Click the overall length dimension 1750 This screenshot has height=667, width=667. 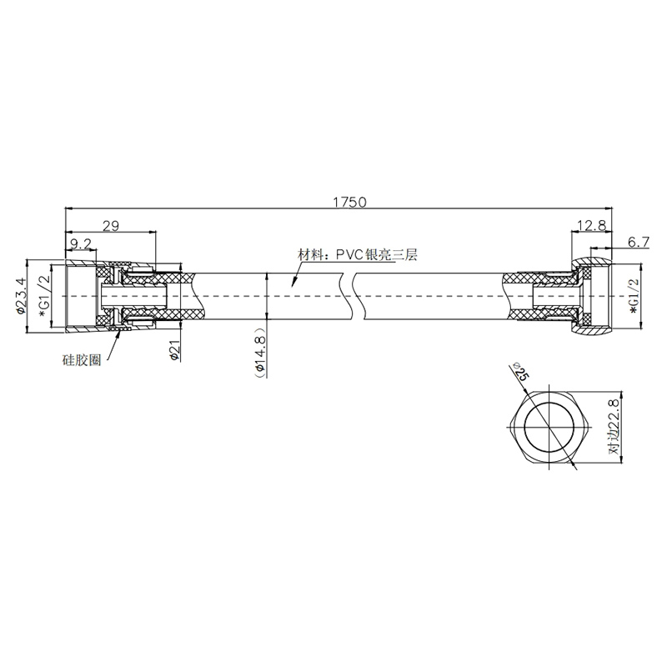tap(349, 202)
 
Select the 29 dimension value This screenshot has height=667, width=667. tap(111, 225)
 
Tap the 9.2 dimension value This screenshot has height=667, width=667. tap(81, 244)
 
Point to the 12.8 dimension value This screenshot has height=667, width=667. tap(592, 225)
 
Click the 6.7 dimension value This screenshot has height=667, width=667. tap(639, 242)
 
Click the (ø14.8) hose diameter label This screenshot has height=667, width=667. tap(259, 352)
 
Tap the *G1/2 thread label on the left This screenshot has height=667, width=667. tap(45, 296)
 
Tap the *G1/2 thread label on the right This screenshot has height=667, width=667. tap(634, 296)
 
